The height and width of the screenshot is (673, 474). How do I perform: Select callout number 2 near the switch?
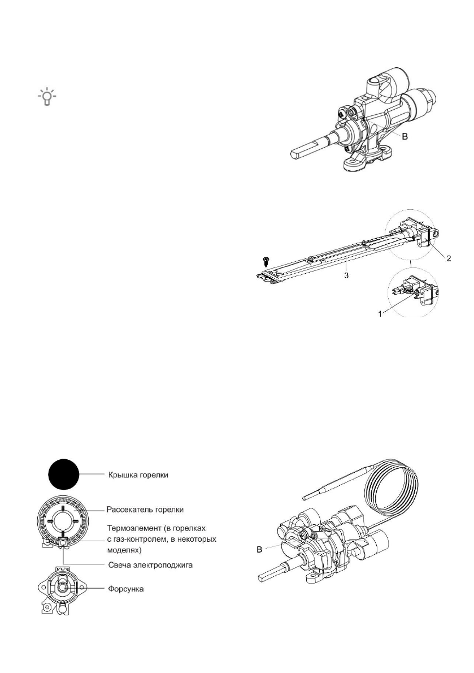(448, 258)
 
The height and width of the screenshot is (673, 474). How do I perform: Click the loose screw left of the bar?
(263, 262)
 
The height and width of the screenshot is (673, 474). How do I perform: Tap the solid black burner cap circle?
(63, 473)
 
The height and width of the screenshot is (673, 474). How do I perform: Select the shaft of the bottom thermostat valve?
(277, 576)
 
